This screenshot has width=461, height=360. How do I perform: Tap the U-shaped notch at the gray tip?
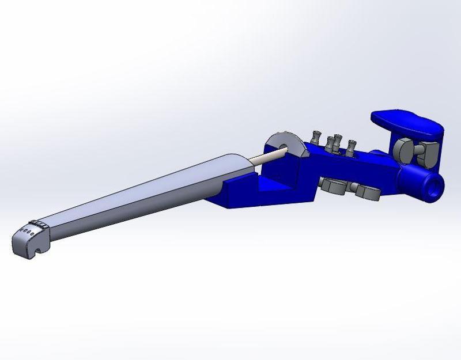click(36, 249)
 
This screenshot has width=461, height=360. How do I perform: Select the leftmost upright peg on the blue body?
click(316, 137)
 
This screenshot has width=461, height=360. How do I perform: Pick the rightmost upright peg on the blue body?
click(350, 147)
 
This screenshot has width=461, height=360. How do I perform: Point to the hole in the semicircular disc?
click(286, 147)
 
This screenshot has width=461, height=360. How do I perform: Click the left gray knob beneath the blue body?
click(333, 185)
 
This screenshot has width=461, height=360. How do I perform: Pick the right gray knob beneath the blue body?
click(366, 192)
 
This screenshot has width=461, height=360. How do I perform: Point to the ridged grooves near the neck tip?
click(39, 223)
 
